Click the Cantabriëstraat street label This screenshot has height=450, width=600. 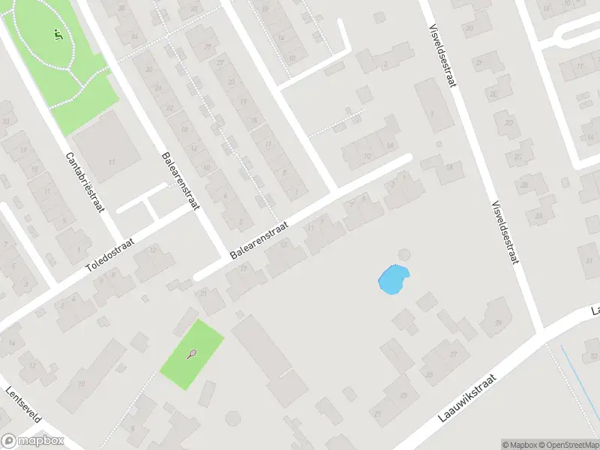[84, 182]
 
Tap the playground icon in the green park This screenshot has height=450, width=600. [58, 34]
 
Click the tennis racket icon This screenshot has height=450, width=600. [192, 355]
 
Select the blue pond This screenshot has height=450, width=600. [393, 280]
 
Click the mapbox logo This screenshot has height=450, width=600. [32, 442]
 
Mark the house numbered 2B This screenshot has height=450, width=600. [538, 217]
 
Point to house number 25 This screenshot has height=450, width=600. [430, 373]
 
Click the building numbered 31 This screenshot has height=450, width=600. [378, 413]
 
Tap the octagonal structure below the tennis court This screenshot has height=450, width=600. [234, 417]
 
